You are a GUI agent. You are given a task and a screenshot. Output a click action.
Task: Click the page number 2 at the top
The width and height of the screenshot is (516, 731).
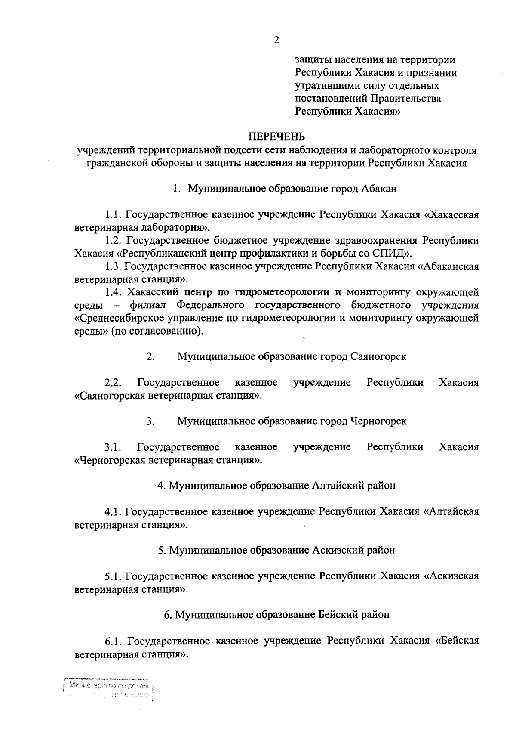[x=276, y=40]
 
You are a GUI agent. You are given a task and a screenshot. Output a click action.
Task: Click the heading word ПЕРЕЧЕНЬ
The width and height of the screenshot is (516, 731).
[x=276, y=137]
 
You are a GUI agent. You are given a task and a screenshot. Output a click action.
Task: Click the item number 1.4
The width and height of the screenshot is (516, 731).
[x=114, y=292]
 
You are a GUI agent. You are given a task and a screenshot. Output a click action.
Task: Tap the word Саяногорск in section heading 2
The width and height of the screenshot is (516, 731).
[x=378, y=356]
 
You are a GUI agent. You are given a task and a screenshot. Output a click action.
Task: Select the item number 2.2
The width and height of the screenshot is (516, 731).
[x=113, y=383]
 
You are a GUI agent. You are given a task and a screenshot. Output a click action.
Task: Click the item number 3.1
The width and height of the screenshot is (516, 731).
[x=113, y=447]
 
